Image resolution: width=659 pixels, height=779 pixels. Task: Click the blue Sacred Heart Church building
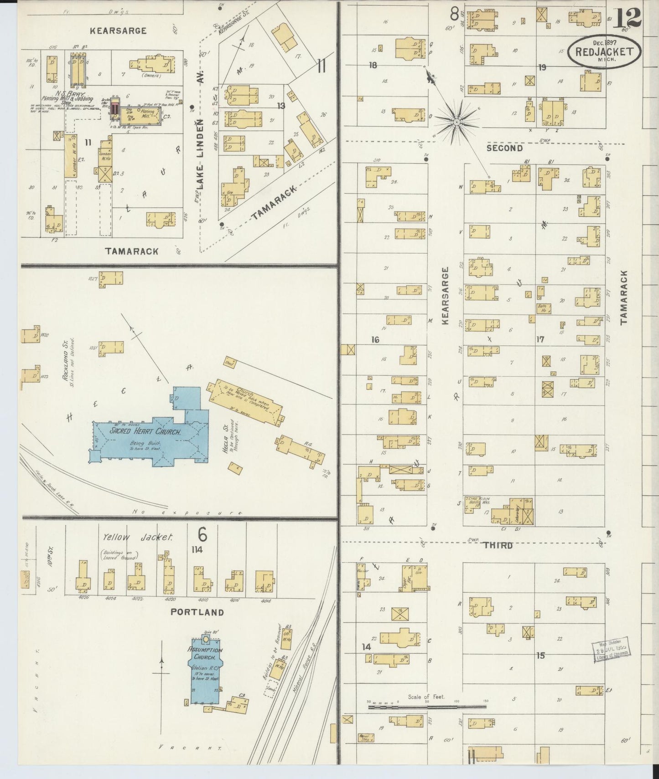(x=146, y=437)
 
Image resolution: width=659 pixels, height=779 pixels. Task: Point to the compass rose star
(x=456, y=122)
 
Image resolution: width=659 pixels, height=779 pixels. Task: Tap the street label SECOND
(x=504, y=148)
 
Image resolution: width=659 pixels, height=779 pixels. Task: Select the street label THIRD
(x=498, y=545)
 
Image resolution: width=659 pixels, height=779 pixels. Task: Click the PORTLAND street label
(x=197, y=612)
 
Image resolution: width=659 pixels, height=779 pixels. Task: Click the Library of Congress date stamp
(x=611, y=648)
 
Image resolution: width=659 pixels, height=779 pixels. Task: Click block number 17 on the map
(x=540, y=339)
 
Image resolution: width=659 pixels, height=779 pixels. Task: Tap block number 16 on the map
(x=375, y=340)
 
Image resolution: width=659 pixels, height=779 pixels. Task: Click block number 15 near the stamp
(x=540, y=656)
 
